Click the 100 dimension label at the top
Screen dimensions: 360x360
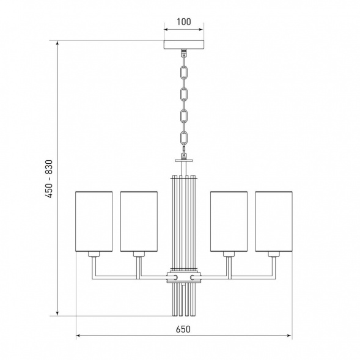pyautogui.click(x=184, y=22)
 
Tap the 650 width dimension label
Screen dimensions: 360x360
pyautogui.click(x=183, y=329)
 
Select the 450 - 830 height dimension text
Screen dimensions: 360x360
pyautogui.click(x=49, y=179)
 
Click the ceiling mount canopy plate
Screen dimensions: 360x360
pyautogui.click(x=184, y=45)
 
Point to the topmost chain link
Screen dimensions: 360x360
pyautogui.click(x=184, y=72)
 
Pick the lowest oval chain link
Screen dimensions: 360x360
pyautogui.click(x=184, y=138)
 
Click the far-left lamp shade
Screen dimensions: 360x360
pyautogui.click(x=94, y=221)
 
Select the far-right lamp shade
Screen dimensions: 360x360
pyautogui.click(x=274, y=221)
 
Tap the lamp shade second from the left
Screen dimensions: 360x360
pyautogui.click(x=139, y=221)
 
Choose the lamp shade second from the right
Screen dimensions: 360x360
pyautogui.click(x=229, y=221)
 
